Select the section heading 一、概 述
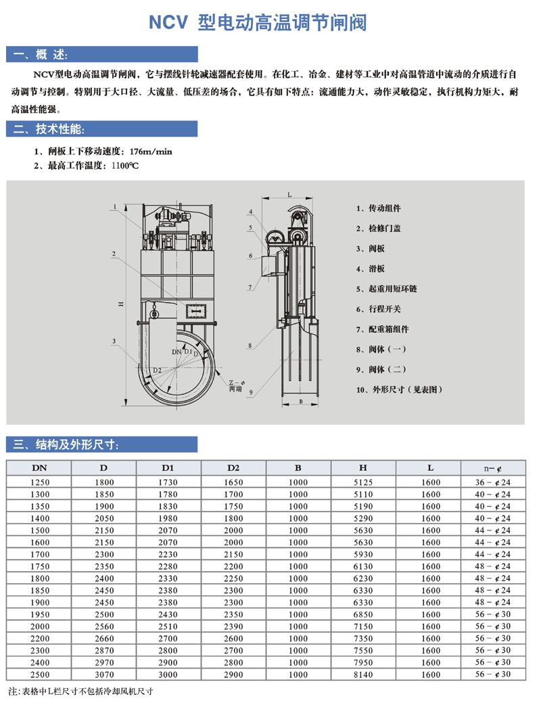41,55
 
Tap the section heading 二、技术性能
50,129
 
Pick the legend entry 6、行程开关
379,309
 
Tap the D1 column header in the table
168,468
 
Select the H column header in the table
363,468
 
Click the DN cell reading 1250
41,482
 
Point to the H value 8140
363,675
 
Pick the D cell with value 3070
103,675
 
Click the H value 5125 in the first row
363,482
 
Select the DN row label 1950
41,614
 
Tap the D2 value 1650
233,482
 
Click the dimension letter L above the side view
289,195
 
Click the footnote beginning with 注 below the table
80,692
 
